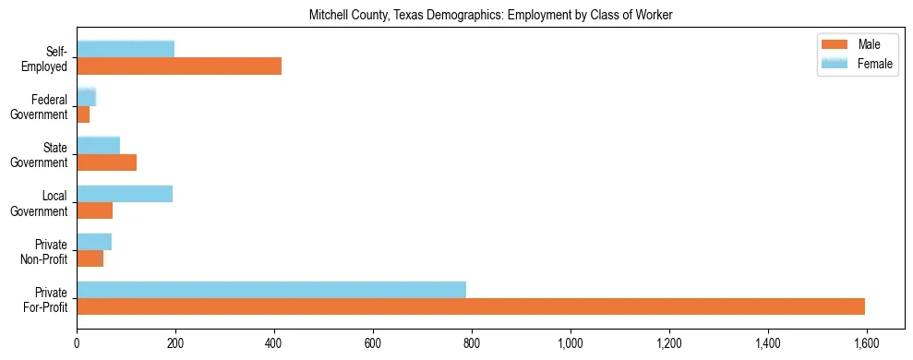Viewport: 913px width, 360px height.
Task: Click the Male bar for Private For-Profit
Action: pyautogui.click(x=471, y=306)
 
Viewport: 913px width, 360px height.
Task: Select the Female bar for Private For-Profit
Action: pyautogui.click(x=271, y=290)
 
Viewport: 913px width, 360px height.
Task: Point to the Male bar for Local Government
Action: pyautogui.click(x=95, y=210)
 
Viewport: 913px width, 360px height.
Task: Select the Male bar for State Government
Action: pyautogui.click(x=107, y=162)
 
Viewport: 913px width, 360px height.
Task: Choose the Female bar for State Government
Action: pyautogui.click(x=99, y=146)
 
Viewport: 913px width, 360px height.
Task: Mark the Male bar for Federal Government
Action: pyautogui.click(x=83, y=114)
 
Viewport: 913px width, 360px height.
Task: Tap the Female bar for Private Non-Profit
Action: pyautogui.click(x=94, y=242)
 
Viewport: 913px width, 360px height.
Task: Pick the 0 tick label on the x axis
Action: pyautogui.click(x=77, y=343)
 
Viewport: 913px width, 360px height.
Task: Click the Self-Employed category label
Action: pyautogui.click(x=46, y=58)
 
